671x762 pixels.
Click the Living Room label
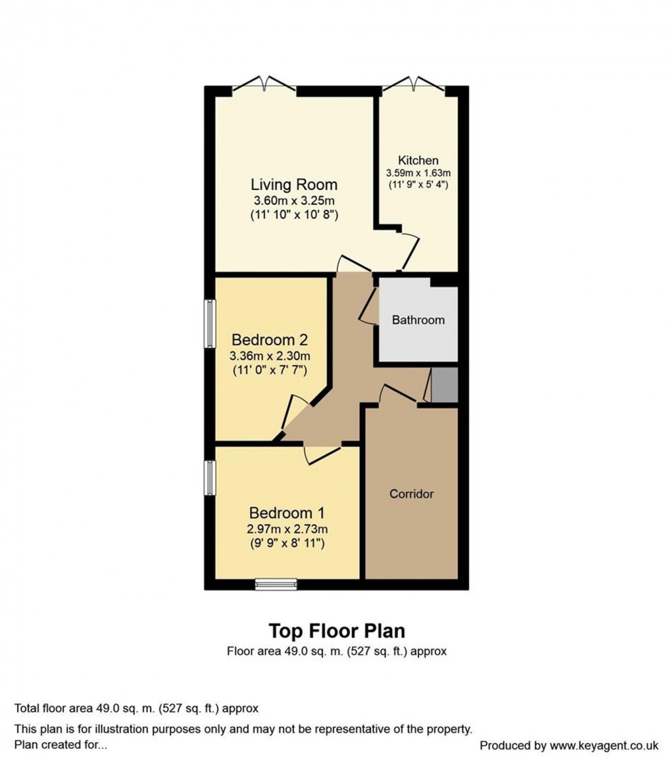293,184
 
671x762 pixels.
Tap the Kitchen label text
418,160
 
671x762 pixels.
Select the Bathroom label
418,320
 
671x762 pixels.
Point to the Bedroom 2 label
270,341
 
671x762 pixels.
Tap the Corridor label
411,494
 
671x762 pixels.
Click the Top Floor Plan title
337,631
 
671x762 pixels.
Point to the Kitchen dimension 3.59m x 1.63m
418,173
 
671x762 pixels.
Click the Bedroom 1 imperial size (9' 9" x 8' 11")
287,544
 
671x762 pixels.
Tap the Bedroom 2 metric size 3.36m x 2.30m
270,356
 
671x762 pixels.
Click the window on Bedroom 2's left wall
209,323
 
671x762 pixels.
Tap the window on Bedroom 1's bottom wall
276,584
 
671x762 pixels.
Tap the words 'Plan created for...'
61,746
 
